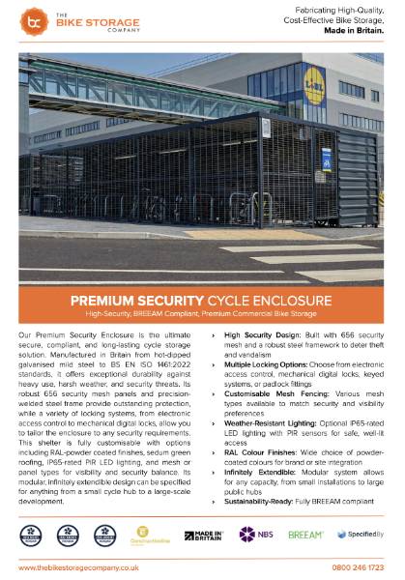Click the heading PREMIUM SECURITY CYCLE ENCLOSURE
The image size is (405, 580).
(202, 300)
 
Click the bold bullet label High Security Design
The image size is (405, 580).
(255, 333)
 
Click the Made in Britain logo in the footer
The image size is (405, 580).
(204, 535)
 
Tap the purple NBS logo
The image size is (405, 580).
(254, 534)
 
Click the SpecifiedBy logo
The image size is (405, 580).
(359, 534)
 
